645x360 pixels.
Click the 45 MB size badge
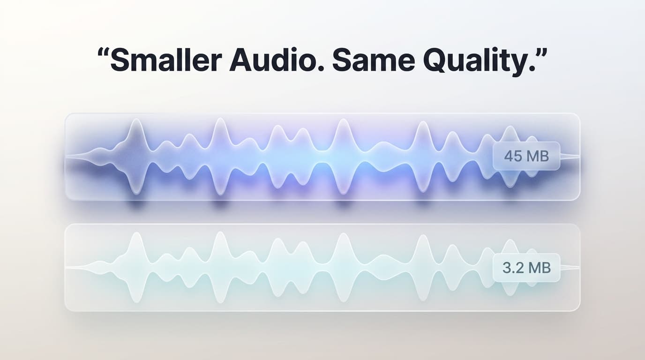point(526,156)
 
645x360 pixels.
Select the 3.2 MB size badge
point(526,268)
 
